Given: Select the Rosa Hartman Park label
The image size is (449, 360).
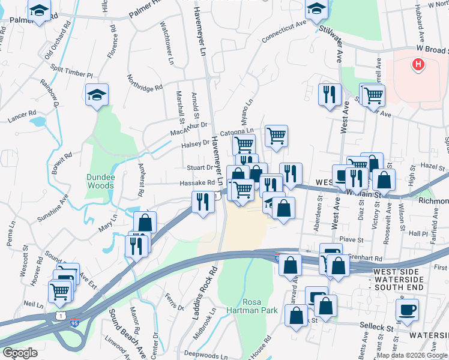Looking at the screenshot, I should click(261, 306).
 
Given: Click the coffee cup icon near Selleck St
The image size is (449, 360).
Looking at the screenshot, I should click(408, 310).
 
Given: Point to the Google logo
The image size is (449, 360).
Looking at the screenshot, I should click(20, 353).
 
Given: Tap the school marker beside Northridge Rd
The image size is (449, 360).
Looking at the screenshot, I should click(97, 95).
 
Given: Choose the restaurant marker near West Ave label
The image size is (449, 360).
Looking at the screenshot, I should click(330, 95).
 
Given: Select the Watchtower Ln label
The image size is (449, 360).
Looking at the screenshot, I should click(166, 43).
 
